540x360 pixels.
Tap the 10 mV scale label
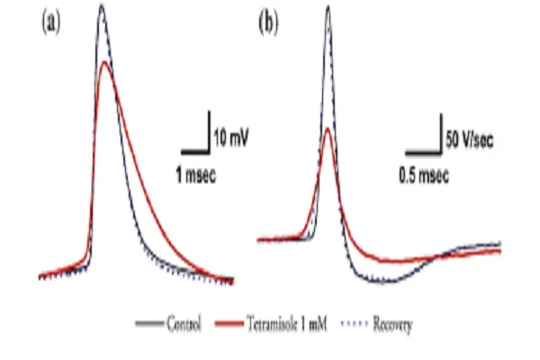pyautogui.click(x=231, y=139)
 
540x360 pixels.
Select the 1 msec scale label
pyautogui.click(x=194, y=168)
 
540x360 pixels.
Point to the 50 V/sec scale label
pyautogui.click(x=469, y=139)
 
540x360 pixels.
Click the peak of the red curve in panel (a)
pyautogui.click(x=106, y=62)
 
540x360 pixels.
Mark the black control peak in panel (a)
pyautogui.click(x=102, y=5)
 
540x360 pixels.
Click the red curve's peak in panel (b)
pyautogui.click(x=328, y=129)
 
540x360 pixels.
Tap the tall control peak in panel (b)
pyautogui.click(x=328, y=8)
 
